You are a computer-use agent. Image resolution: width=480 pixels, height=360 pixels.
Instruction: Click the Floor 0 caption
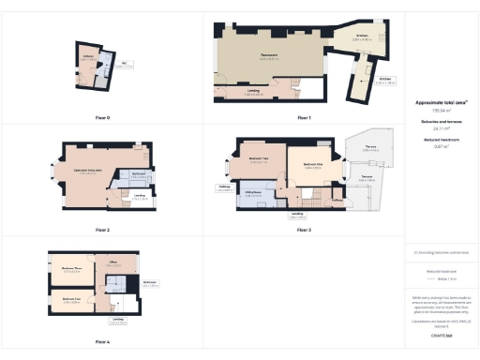(x=102, y=117)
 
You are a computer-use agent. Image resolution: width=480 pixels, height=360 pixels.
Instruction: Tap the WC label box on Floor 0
(x=123, y=65)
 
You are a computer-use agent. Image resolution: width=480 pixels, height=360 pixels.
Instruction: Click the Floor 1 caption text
(x=304, y=117)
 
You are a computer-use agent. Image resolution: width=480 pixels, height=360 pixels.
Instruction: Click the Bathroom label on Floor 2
(x=138, y=175)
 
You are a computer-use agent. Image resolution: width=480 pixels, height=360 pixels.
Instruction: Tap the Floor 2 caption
(x=102, y=230)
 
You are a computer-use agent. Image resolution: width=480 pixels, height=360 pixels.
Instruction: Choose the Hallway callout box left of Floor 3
(x=224, y=187)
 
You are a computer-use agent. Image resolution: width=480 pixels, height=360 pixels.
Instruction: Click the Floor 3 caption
(x=304, y=230)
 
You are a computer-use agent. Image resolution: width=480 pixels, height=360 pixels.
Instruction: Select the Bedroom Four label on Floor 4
(x=71, y=300)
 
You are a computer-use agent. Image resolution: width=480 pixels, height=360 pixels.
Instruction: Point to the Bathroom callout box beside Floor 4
(x=149, y=282)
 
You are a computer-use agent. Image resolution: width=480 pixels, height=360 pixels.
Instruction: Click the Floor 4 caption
(x=102, y=342)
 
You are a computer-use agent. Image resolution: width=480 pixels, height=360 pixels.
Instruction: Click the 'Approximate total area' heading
(x=441, y=102)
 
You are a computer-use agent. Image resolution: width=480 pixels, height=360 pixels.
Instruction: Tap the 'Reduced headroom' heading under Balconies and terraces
(x=441, y=140)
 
